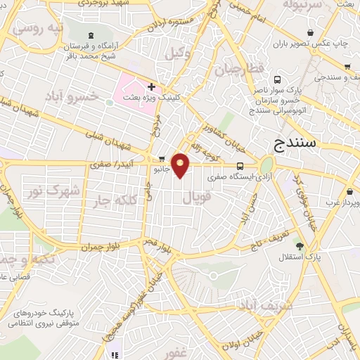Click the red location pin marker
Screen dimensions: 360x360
pyautogui.click(x=181, y=165)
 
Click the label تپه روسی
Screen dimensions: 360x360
pyautogui.click(x=39, y=29)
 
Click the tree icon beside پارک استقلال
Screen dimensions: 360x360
pyautogui.click(x=300, y=245)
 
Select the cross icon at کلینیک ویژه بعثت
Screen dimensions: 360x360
pyautogui.click(x=150, y=86)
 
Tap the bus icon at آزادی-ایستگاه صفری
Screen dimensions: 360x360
pyautogui.click(x=240, y=167)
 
